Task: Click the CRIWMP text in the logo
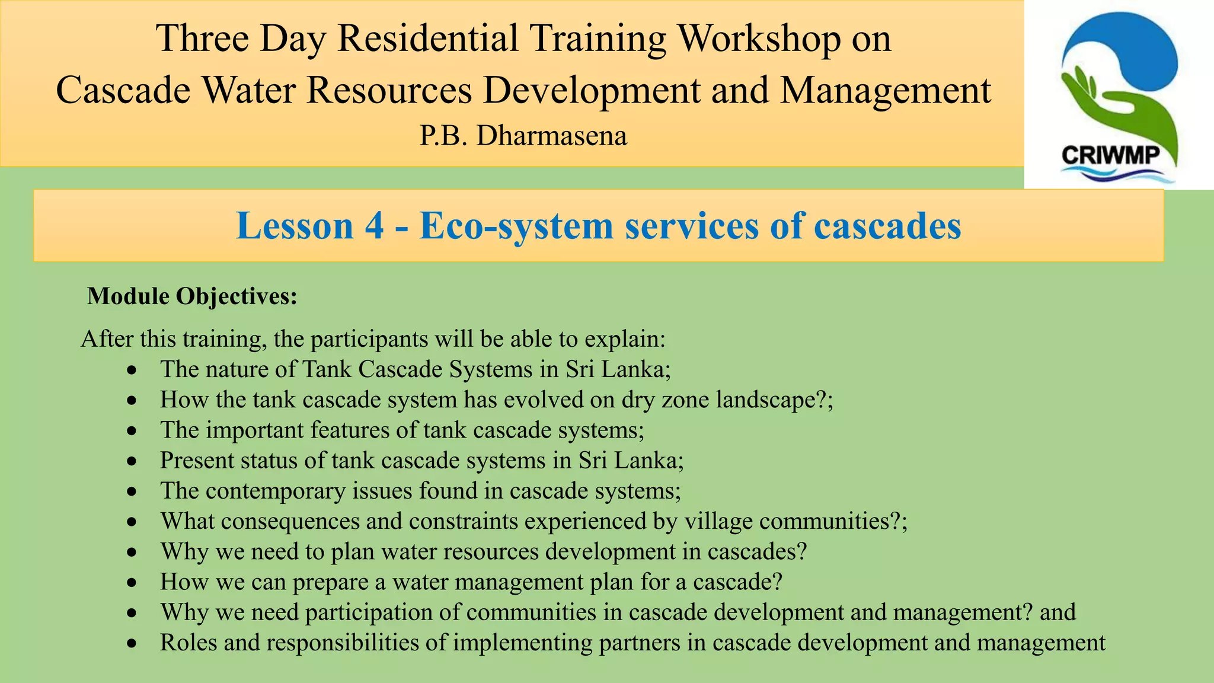pyautogui.click(x=1110, y=155)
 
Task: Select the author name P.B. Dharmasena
pyautogui.click(x=523, y=136)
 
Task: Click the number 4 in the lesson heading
pyautogui.click(x=373, y=226)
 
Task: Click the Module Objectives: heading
pyautogui.click(x=192, y=296)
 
